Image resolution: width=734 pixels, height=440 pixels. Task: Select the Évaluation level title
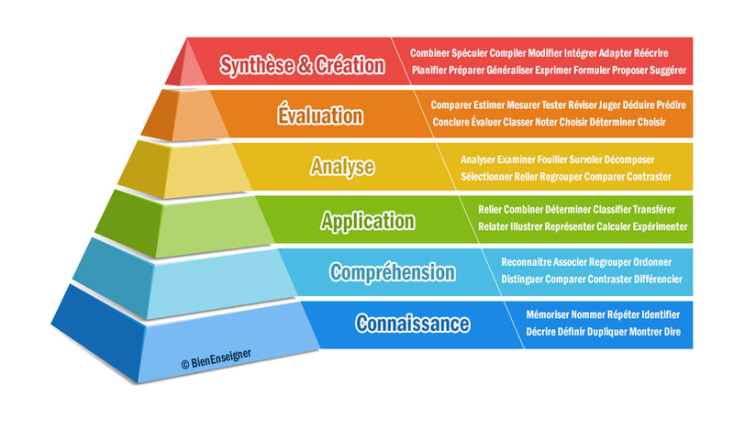click(x=319, y=115)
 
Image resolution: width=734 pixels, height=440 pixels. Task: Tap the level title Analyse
click(x=341, y=167)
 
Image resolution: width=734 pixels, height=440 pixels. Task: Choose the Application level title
click(x=367, y=220)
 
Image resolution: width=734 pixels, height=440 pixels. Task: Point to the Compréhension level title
click(x=392, y=272)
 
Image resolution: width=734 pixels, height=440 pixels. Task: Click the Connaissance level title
click(x=413, y=324)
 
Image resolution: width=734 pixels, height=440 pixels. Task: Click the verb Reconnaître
click(x=531, y=262)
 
